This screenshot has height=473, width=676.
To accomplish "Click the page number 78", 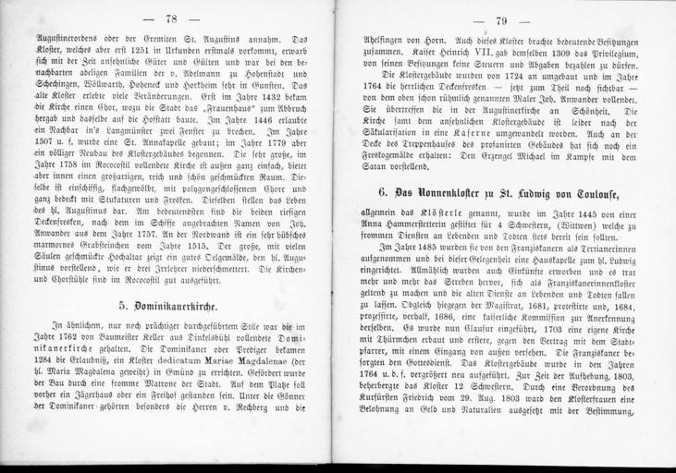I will pos(170,19).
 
